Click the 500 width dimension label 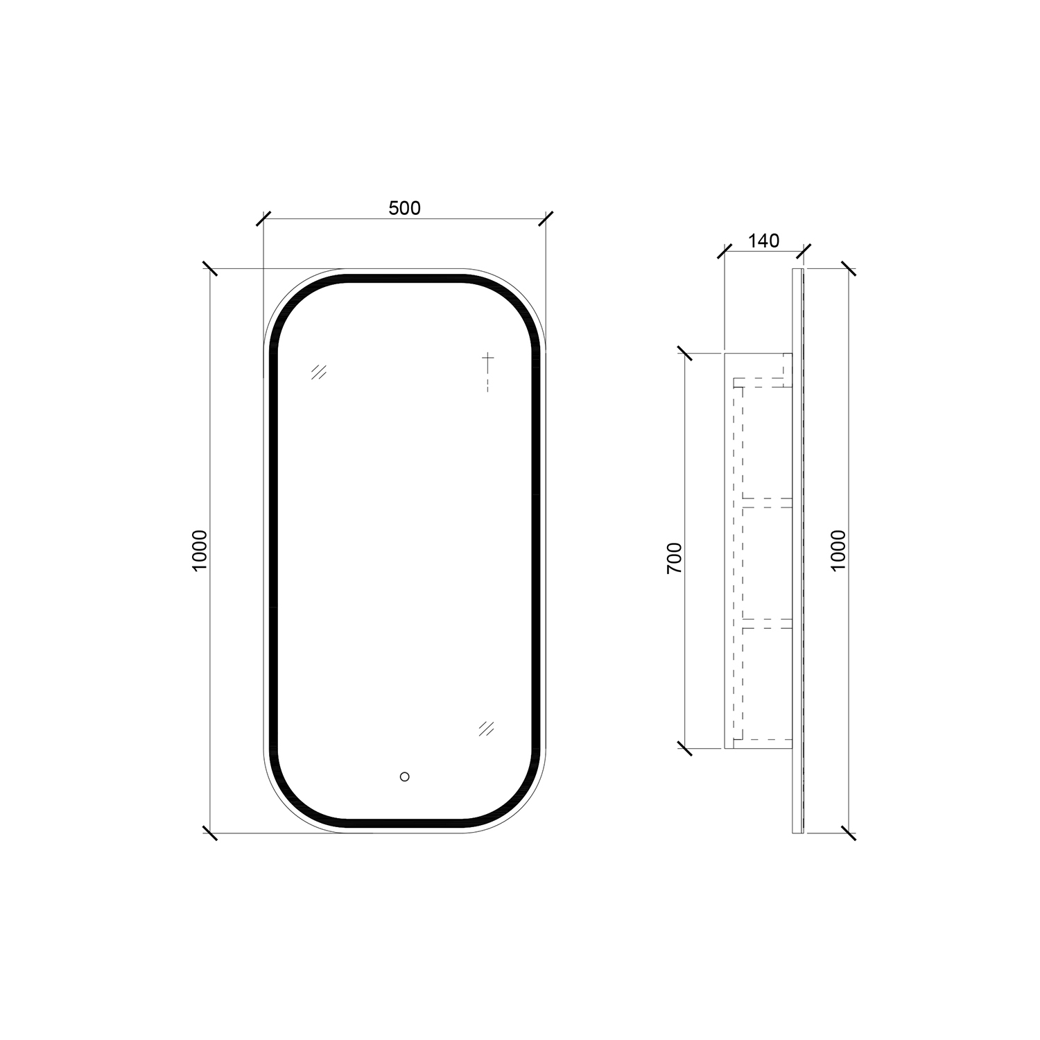[404, 208]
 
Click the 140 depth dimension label [763, 241]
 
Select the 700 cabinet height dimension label [675, 558]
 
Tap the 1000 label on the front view [200, 551]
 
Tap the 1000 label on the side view [838, 551]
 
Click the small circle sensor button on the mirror [405, 777]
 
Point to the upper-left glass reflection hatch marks [319, 372]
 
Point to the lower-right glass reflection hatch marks [486, 728]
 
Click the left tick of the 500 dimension [263, 218]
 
